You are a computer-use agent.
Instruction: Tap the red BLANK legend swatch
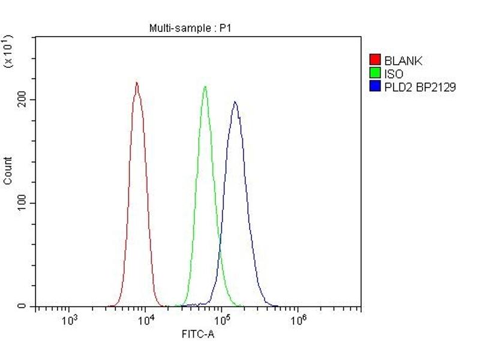375,61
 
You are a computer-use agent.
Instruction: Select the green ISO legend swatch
375,74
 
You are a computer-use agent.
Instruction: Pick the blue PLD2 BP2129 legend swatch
375,87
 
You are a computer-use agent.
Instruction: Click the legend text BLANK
403,61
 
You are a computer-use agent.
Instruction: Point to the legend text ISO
394,74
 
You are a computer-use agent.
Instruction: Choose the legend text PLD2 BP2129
420,87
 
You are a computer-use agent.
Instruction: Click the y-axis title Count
8,170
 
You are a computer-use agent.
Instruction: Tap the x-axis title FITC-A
198,334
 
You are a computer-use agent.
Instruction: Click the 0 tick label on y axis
22,307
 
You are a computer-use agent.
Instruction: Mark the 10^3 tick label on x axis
70,319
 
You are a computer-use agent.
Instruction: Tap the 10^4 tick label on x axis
146,319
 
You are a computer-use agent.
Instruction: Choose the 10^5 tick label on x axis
222,319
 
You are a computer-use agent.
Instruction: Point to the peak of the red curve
137,83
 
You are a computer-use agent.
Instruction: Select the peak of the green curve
205,87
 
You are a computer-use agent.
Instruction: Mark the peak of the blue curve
235,102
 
